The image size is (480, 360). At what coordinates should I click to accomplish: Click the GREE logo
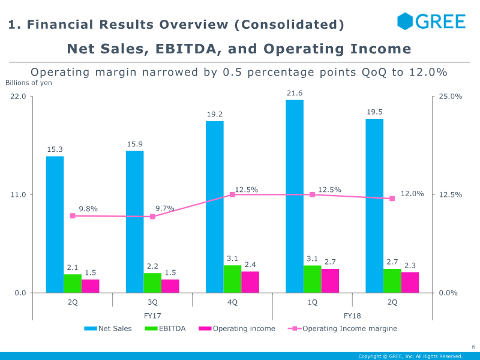[431, 22]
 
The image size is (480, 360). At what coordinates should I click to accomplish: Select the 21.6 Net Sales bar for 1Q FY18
[295, 196]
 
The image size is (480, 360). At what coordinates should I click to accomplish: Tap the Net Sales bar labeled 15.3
[55, 224]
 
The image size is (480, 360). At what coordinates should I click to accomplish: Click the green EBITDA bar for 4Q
[233, 279]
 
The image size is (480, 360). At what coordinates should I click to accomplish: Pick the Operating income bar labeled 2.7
[330, 281]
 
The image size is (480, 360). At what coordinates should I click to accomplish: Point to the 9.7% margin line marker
[152, 217]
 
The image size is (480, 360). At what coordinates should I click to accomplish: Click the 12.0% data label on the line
[412, 194]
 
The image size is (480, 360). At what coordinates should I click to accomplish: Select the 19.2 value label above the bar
[215, 115]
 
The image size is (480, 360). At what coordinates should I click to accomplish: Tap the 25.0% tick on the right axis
[451, 97]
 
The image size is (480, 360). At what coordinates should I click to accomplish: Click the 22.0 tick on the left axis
[17, 97]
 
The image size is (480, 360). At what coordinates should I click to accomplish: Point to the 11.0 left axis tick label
[17, 195]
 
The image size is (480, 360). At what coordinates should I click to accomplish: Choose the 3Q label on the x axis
[152, 302]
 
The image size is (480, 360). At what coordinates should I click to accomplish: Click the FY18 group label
[352, 316]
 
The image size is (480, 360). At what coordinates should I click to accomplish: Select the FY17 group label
[152, 316]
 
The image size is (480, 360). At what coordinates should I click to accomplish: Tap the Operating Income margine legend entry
[343, 328]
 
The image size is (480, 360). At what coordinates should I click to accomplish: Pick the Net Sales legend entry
[108, 328]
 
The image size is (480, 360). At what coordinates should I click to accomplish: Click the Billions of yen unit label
[29, 83]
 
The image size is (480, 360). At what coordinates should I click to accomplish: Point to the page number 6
[473, 347]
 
